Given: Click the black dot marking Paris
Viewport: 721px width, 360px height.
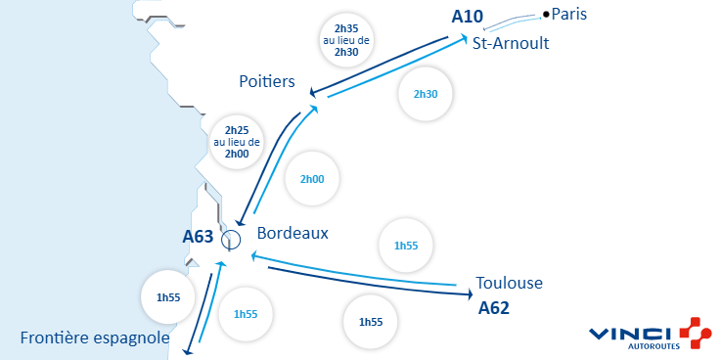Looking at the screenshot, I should (546, 14).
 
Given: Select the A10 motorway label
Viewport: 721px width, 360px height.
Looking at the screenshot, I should (469, 17).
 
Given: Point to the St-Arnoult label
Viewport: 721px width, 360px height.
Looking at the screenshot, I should (510, 43).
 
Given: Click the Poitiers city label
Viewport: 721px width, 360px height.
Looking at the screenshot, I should (267, 82).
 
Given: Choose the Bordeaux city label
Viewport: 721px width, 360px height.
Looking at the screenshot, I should (293, 234).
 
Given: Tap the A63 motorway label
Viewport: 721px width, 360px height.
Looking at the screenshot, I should (198, 236).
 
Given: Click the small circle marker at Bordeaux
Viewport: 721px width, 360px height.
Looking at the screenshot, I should (231, 238).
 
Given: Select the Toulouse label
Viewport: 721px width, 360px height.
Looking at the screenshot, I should (509, 284).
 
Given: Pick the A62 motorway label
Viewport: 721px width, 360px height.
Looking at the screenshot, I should (496, 308).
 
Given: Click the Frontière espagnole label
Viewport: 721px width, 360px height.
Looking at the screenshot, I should (95, 338).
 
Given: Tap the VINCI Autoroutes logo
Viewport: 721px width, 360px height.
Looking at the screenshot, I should (650, 333).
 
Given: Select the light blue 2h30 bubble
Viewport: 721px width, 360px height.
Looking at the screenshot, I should (426, 94).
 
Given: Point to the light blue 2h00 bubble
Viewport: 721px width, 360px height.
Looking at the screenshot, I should (312, 179).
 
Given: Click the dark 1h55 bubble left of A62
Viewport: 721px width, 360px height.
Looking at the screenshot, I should (371, 322).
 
